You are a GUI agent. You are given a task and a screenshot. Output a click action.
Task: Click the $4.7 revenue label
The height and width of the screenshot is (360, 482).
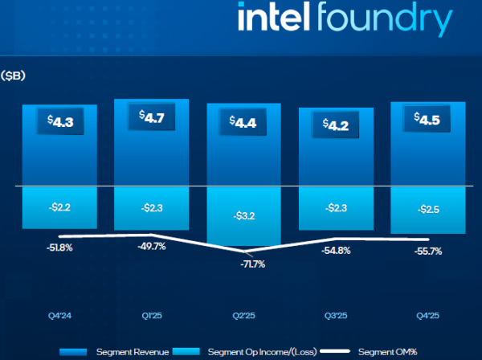(151, 117)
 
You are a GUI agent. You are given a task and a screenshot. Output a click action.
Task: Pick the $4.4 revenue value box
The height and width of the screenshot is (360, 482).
(243, 123)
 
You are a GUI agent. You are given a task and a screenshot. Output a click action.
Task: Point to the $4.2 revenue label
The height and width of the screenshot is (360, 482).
(335, 125)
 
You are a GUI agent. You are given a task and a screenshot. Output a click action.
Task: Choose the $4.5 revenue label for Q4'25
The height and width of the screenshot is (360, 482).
(427, 119)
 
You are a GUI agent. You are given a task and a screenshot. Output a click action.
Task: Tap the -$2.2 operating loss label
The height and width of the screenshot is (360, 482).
(59, 207)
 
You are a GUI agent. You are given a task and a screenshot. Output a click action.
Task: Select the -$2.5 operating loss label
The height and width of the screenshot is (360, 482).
(427, 210)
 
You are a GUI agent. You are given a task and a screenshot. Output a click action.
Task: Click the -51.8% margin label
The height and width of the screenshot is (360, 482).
(59, 247)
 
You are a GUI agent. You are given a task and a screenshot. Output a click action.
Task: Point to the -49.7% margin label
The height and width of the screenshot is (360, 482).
(151, 247)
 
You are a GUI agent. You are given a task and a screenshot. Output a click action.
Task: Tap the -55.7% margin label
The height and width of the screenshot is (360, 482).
(427, 252)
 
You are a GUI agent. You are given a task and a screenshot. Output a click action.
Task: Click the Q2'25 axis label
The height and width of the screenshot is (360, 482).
(243, 315)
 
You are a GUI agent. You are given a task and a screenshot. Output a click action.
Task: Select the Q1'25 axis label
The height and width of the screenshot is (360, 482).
(151, 315)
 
